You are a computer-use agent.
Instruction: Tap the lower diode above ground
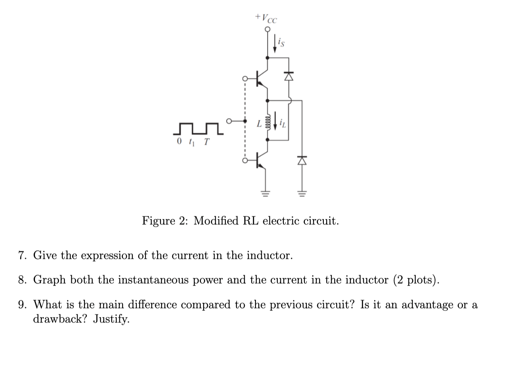point(302,160)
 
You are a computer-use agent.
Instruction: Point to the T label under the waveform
point(206,142)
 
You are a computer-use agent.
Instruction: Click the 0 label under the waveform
point(179,142)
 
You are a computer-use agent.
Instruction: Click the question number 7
point(22,256)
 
